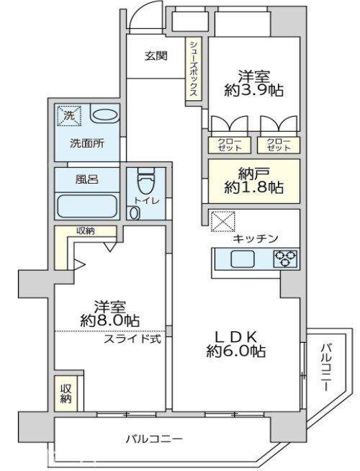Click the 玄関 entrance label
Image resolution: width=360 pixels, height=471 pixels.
[x=156, y=56]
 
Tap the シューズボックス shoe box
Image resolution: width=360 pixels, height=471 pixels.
[x=193, y=68]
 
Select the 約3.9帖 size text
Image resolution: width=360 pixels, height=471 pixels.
[x=254, y=90]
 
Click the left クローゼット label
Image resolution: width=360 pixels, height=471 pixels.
[x=230, y=145]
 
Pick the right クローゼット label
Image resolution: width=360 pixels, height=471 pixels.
[x=279, y=145]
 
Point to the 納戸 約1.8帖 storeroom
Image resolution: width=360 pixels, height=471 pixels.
[x=254, y=181]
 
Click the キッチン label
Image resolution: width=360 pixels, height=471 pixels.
[x=256, y=239]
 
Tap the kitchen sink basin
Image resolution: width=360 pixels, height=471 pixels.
[x=243, y=259]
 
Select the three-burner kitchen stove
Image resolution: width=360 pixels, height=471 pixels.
[x=285, y=259]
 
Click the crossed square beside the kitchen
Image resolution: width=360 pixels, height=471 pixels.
[x=222, y=221]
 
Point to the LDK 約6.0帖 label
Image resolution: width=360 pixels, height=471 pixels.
[x=236, y=344]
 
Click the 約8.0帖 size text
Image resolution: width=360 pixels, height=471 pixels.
[x=110, y=320]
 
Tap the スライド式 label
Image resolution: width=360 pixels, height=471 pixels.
[x=132, y=339]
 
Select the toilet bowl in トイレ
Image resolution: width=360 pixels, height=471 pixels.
[x=145, y=181]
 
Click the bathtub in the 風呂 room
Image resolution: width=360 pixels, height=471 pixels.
[x=87, y=206]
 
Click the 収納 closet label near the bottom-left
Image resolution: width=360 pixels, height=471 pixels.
[x=66, y=394]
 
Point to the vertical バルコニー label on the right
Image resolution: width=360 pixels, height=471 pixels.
[x=326, y=368]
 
